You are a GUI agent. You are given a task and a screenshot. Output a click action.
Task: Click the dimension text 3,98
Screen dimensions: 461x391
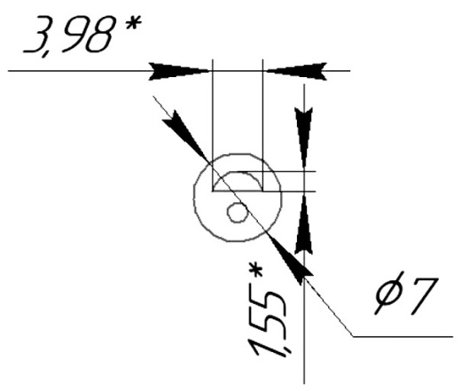pos(68,36)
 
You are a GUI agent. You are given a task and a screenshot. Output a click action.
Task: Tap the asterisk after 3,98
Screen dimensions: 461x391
pos(133,23)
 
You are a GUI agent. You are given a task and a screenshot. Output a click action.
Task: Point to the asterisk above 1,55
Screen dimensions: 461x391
pos(256,271)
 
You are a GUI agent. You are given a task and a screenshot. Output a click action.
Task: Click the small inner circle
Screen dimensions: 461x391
pos(238,212)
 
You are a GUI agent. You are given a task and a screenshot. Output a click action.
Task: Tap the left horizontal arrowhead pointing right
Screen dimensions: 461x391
pos(180,71)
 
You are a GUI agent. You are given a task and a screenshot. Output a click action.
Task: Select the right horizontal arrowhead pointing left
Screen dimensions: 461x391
pos(295,71)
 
